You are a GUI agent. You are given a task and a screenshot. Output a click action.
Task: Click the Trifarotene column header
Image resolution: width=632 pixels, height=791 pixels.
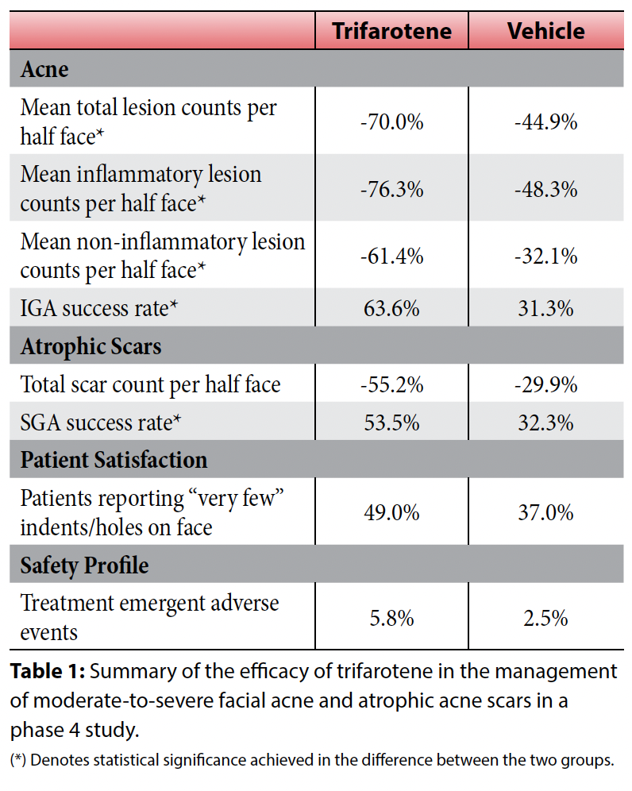pyautogui.click(x=391, y=31)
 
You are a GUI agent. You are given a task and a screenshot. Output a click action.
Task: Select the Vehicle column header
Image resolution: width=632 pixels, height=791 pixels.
pyautogui.click(x=545, y=31)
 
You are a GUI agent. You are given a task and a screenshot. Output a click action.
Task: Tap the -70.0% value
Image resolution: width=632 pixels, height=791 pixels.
pyautogui.click(x=391, y=122)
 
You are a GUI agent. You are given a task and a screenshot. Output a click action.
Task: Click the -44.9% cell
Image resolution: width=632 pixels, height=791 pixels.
pyautogui.click(x=545, y=122)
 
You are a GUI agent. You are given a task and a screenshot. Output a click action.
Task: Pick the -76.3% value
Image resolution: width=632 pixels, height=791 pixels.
pyautogui.click(x=391, y=189)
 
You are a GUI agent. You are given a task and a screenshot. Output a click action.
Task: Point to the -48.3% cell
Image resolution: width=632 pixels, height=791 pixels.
pyautogui.click(x=545, y=189)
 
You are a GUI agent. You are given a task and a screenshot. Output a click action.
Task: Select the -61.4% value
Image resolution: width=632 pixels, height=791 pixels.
pyautogui.click(x=391, y=256)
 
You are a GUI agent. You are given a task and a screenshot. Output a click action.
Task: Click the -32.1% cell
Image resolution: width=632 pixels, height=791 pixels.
pyautogui.click(x=545, y=256)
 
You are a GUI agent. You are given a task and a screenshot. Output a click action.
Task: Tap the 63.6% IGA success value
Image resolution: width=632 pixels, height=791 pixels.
pyautogui.click(x=391, y=308)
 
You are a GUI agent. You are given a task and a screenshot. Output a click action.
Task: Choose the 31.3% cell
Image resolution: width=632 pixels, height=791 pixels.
pyautogui.click(x=545, y=308)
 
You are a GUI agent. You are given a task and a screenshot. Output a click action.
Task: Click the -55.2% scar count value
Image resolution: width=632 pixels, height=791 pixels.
pyautogui.click(x=391, y=385)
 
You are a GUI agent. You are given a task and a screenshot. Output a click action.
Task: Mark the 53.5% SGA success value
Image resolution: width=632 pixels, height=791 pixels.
pyautogui.click(x=391, y=423)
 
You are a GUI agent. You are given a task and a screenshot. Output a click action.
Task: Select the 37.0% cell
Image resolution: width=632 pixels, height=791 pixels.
pyautogui.click(x=545, y=512)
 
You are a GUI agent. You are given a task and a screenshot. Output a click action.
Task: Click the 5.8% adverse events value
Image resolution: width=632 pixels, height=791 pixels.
pyautogui.click(x=391, y=618)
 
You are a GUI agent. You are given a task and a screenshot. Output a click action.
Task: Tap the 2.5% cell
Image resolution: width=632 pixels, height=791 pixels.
pyautogui.click(x=545, y=618)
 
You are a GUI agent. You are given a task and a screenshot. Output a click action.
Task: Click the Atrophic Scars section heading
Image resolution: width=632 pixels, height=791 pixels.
pyautogui.click(x=91, y=346)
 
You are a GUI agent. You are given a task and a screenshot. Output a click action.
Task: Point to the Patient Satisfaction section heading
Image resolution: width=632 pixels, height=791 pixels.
pyautogui.click(x=114, y=460)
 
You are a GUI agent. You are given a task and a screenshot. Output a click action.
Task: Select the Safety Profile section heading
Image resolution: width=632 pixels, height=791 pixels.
pyautogui.click(x=84, y=565)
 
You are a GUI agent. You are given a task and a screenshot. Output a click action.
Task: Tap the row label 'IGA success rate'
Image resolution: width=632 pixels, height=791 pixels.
pyautogui.click(x=99, y=308)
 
